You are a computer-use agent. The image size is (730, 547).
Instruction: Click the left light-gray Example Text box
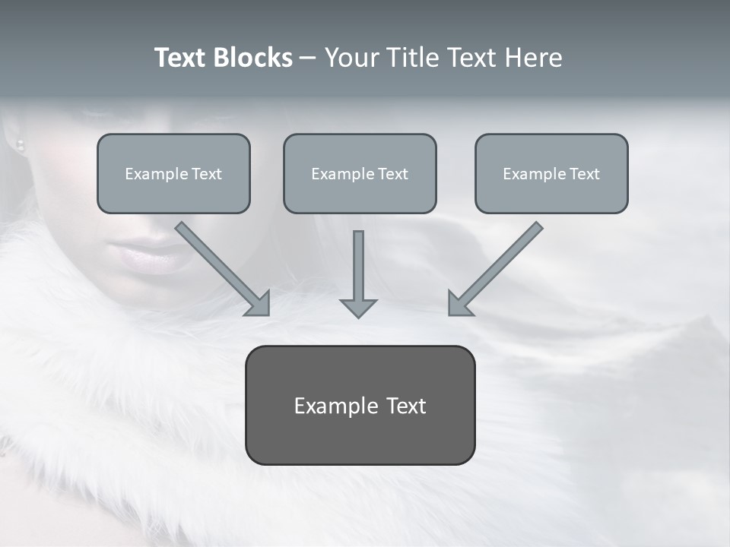click(173, 173)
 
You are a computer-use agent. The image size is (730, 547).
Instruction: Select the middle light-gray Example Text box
click(360, 173)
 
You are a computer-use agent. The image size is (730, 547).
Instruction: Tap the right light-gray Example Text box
click(551, 173)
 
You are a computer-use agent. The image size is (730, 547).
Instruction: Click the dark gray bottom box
click(360, 405)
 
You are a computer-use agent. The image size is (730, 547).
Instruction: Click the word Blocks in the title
click(253, 58)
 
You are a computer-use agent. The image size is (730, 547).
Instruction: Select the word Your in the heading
click(350, 58)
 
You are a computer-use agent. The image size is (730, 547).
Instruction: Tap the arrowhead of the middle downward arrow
click(358, 307)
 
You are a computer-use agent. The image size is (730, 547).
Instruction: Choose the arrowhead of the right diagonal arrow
click(458, 304)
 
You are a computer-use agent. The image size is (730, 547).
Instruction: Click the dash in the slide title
click(308, 58)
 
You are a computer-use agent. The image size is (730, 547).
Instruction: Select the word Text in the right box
click(584, 173)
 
